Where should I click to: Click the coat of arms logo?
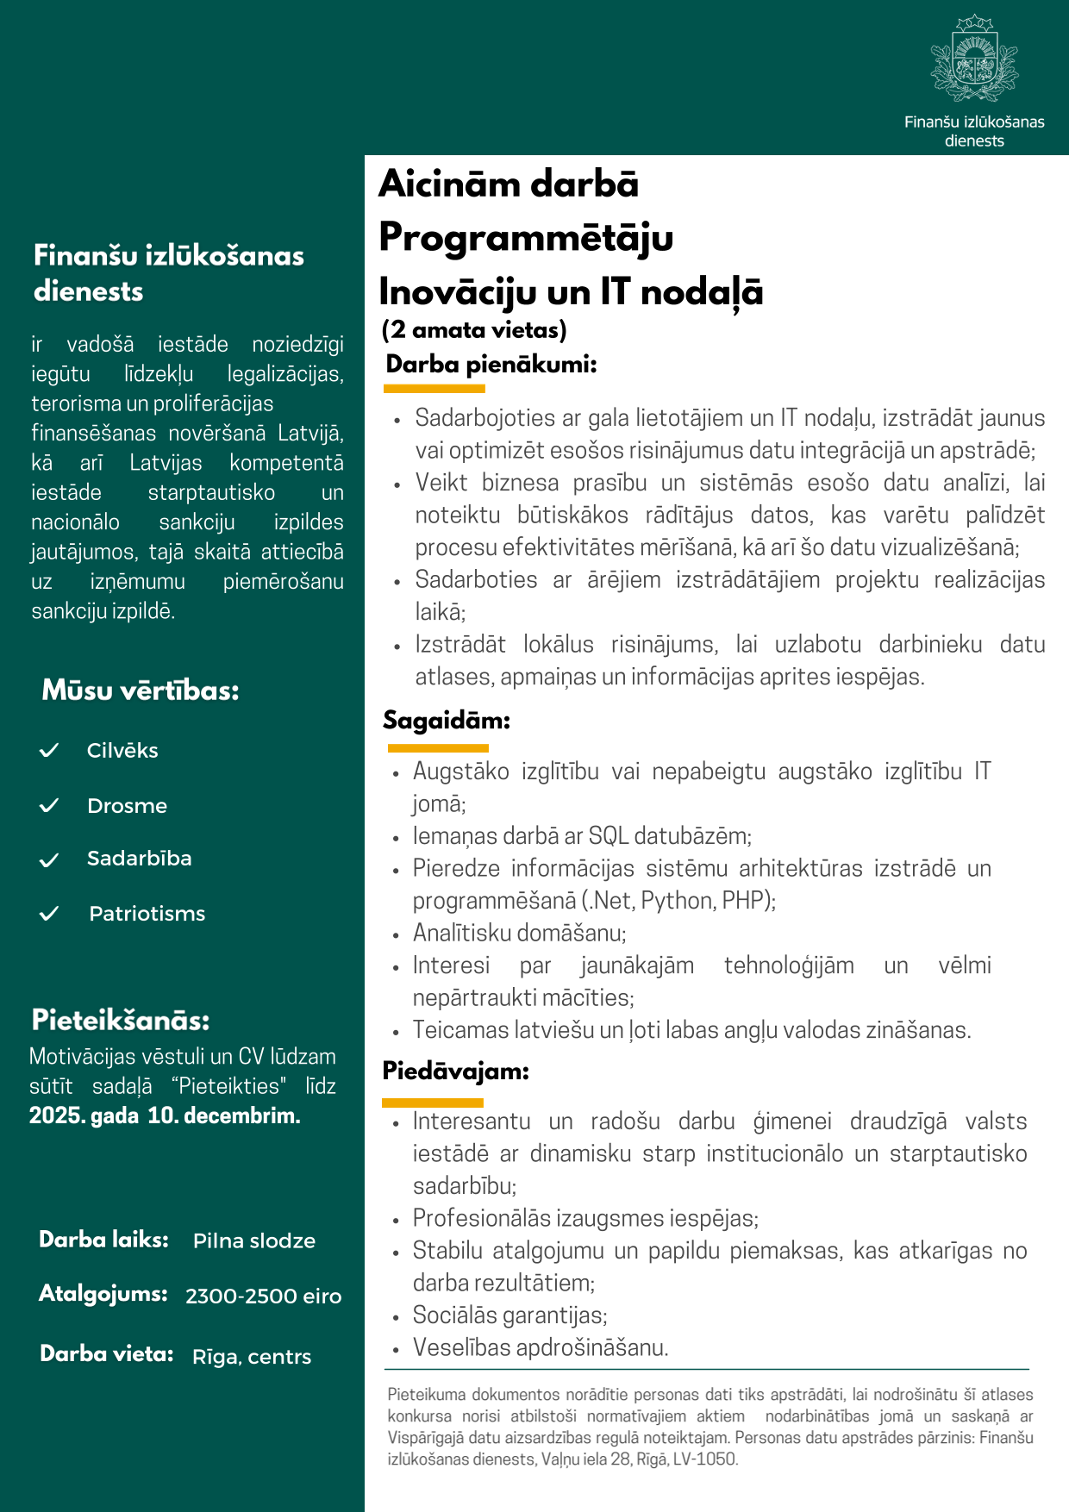point(974,59)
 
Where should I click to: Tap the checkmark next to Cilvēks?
point(49,750)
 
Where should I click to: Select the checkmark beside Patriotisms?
point(49,913)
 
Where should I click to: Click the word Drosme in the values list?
point(127,806)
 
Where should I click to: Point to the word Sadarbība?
point(139,859)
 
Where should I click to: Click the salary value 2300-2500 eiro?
point(263,1296)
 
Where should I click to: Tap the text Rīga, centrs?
point(252,1356)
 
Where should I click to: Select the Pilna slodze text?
point(253,1240)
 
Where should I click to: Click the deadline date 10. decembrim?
point(224,1115)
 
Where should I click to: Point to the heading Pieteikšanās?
point(121,1020)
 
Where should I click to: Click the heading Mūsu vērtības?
point(141,690)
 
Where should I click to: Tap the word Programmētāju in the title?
point(526,237)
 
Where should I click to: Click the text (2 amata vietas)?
point(474,329)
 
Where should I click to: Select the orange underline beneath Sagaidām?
point(438,747)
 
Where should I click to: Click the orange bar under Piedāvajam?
point(433,1103)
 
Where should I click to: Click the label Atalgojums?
point(103,1294)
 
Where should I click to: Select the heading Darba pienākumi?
point(491,364)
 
